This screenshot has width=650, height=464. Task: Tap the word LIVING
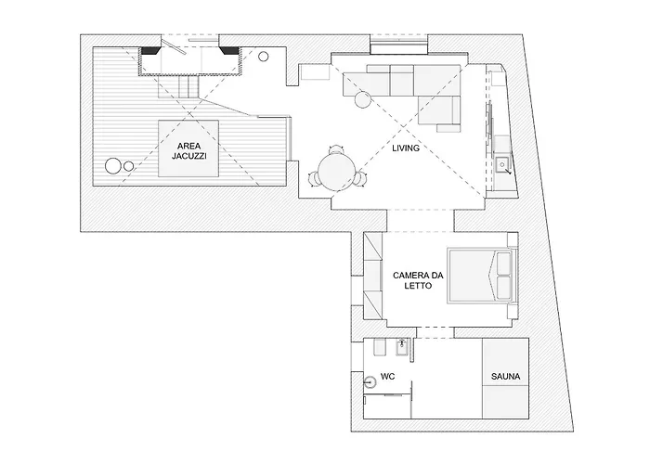point(406,148)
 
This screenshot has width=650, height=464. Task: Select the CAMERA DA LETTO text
point(417,281)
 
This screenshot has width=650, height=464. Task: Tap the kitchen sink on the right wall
point(502,165)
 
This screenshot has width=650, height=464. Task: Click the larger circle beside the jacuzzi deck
point(113,167)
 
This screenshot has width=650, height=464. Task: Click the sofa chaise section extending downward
point(444,110)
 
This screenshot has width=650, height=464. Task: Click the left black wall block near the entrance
point(147,51)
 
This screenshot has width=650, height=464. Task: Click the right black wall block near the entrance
point(228,51)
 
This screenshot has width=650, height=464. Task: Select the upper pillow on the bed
point(504,264)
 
